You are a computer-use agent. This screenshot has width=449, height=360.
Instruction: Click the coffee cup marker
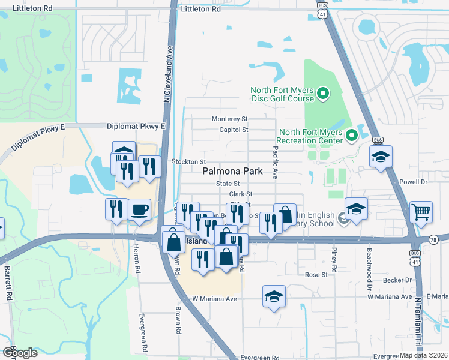139,210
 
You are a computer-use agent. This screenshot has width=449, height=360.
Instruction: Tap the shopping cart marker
421,211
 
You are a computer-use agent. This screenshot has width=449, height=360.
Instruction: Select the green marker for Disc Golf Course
322,93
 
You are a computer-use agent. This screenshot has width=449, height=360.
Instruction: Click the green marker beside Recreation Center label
351,136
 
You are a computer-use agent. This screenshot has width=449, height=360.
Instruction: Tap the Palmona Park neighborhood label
232,171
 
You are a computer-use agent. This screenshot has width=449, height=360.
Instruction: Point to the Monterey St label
229,119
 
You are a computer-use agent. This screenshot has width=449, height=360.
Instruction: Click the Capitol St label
234,130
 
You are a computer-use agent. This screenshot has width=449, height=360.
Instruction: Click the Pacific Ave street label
276,162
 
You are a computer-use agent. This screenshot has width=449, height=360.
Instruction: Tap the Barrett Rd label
9,283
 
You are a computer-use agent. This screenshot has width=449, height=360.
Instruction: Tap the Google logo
20,352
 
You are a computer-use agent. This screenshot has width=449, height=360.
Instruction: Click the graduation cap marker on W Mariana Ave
274,296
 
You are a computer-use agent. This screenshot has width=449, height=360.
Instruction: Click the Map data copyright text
423,355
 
